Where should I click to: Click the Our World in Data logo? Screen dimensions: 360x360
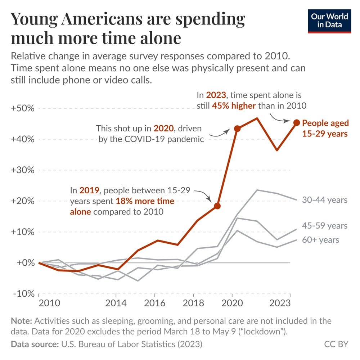pos(329,21)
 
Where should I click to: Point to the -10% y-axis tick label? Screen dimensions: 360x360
pos(23,294)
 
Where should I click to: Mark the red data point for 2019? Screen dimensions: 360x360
pos(217,206)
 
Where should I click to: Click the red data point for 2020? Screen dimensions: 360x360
pos(237,129)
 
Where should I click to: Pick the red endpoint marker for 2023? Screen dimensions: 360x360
pos(296,123)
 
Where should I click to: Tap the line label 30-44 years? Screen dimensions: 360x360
pos(325,200)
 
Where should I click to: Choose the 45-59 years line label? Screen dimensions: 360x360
pos(325,226)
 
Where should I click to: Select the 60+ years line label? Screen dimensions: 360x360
pos(320,239)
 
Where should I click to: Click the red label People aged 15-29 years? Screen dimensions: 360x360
pos(325,128)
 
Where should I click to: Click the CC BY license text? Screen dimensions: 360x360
pos(336,344)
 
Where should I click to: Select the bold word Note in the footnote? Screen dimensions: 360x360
pos(21,321)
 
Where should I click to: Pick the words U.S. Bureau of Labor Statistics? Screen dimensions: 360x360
pos(118,344)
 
